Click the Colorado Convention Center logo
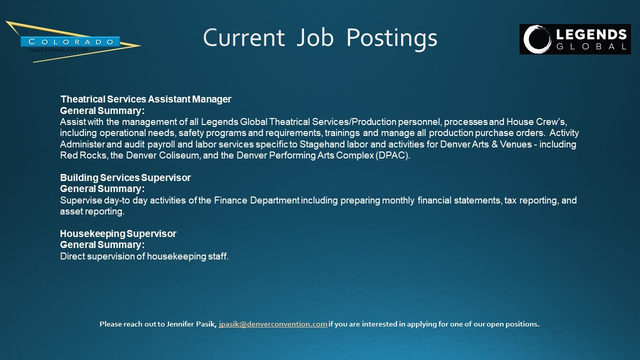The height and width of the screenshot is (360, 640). [x=73, y=41]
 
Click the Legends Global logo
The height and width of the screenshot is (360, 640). [x=575, y=39]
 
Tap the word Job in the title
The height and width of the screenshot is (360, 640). [x=315, y=37]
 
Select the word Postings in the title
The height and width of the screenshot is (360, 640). [x=391, y=39]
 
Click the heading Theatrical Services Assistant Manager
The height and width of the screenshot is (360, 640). [x=145, y=99]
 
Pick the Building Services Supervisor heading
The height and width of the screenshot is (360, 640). [x=125, y=177]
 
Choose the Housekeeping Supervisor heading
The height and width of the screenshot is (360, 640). [x=118, y=233]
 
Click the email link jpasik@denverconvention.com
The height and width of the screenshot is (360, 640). [x=273, y=324]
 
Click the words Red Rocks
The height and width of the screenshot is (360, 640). [x=83, y=155]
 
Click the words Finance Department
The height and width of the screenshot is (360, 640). [x=256, y=200]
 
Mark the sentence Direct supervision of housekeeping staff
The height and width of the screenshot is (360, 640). [x=144, y=256]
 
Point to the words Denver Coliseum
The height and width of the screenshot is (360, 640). [x=163, y=155]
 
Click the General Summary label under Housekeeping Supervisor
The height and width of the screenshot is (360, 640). [x=102, y=245]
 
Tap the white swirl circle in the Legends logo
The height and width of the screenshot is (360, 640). [x=537, y=39]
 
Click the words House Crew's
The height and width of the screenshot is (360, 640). [x=536, y=121]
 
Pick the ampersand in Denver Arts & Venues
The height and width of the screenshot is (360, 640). [x=494, y=144]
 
